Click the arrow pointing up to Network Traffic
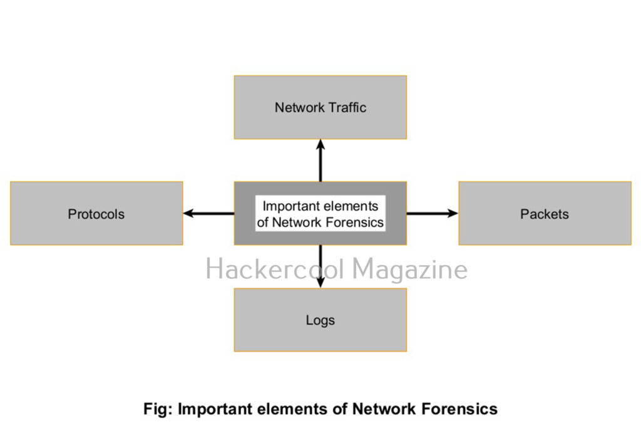point(320,160)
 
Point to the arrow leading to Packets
point(433,214)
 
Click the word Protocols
point(96,214)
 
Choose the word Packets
point(545,214)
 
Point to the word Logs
point(320,320)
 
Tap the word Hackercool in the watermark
point(275,270)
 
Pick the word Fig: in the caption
point(158,409)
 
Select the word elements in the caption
point(293,409)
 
